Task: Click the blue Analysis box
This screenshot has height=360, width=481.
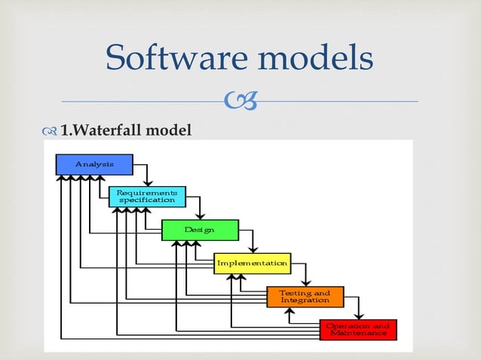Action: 94,163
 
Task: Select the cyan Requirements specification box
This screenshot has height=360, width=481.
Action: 146,197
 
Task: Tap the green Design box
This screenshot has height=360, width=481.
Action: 200,230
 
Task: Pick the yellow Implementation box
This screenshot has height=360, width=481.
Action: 252,263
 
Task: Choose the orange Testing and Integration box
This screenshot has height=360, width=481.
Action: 305,296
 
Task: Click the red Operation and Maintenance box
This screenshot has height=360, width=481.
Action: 357,330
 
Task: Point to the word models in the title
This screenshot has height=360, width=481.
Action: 317,58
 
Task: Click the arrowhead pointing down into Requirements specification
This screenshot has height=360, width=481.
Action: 149,183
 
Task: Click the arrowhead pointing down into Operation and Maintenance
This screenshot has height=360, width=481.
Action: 359,316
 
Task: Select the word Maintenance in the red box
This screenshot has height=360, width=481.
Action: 357,334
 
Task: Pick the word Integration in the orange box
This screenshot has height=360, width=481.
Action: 305,301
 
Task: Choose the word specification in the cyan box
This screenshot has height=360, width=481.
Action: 146,200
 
